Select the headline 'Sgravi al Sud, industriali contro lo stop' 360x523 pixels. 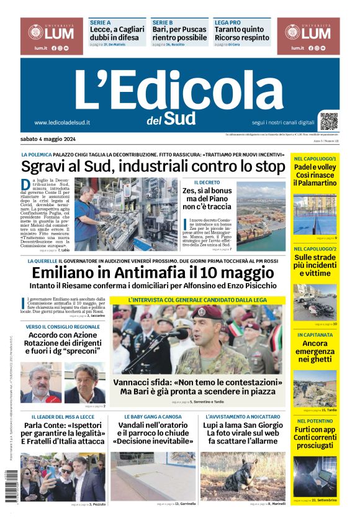click(x=153, y=166)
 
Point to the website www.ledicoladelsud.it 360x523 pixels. click(x=62, y=122)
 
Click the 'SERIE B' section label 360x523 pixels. click(x=162, y=22)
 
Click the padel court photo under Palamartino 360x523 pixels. click(x=315, y=215)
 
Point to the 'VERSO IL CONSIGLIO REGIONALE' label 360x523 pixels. click(x=63, y=327)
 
